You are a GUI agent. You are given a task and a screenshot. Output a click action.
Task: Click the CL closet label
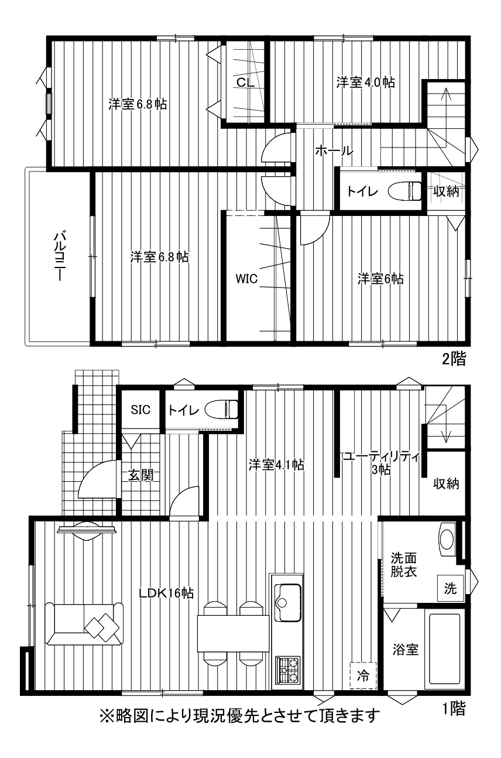[x=246, y=82]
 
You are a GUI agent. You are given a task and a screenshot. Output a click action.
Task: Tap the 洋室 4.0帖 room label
[x=365, y=82]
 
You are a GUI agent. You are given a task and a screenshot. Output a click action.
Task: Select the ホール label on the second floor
[x=334, y=150]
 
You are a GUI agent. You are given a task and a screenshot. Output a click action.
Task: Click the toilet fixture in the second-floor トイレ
[x=405, y=191]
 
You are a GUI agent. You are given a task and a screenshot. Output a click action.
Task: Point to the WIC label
[x=246, y=279]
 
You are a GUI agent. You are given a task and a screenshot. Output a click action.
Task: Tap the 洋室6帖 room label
[x=380, y=279]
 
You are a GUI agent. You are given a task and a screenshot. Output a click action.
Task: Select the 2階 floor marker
[x=454, y=359]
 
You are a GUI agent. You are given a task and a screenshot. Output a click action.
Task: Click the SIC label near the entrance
[x=140, y=410]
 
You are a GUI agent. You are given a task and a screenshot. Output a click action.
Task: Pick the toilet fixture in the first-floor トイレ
[x=222, y=410]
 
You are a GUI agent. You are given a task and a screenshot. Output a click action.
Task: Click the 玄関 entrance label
[x=140, y=475]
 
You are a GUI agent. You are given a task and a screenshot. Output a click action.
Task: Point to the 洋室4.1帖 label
[x=276, y=465]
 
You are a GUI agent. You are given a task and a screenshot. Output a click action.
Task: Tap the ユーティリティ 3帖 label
[x=381, y=462]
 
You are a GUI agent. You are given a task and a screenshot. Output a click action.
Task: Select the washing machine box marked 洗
[x=450, y=588]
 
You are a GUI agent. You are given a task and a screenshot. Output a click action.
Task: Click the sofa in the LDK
[x=84, y=623]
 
